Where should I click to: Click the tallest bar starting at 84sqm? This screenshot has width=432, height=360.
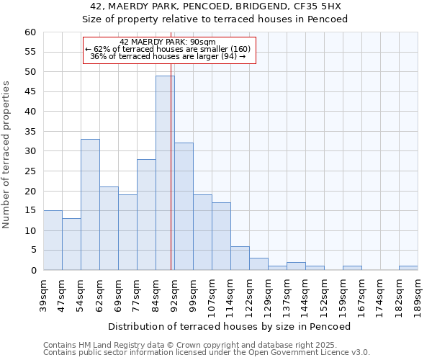click(x=165, y=173)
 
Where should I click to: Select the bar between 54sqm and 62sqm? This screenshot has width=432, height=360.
click(x=90, y=204)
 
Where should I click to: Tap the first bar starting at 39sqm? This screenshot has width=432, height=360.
click(x=53, y=240)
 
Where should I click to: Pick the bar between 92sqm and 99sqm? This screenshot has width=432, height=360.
click(x=184, y=207)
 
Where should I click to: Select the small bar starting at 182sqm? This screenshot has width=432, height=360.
click(x=408, y=268)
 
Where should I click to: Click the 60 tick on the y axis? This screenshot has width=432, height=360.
click(x=30, y=32)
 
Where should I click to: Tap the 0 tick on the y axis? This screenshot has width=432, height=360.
click(x=32, y=271)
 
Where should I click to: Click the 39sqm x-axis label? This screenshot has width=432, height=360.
click(x=43, y=294)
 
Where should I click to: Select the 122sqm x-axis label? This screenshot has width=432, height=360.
click(x=249, y=294)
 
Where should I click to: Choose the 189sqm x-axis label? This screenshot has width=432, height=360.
click(x=418, y=294)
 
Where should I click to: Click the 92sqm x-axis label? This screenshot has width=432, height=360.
click(x=174, y=294)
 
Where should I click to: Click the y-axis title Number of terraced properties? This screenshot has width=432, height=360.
click(x=7, y=155)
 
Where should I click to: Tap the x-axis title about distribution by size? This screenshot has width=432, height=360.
click(x=230, y=327)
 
